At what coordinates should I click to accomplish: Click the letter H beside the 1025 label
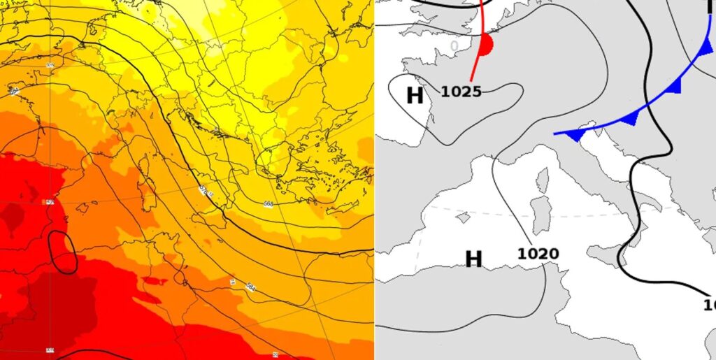415,95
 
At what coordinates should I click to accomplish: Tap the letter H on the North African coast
473,259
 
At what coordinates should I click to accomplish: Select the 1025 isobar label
461,91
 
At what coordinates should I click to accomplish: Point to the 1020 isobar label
538,254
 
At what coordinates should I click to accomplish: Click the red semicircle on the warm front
486,46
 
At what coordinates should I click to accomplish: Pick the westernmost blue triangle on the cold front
574,134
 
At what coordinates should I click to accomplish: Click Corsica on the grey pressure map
543,180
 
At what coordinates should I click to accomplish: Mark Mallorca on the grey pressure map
461,217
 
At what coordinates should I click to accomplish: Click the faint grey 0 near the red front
454,46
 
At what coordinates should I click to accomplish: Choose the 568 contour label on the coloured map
268,203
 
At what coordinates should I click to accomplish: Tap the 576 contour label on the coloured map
205,190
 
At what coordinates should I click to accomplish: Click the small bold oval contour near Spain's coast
64,253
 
